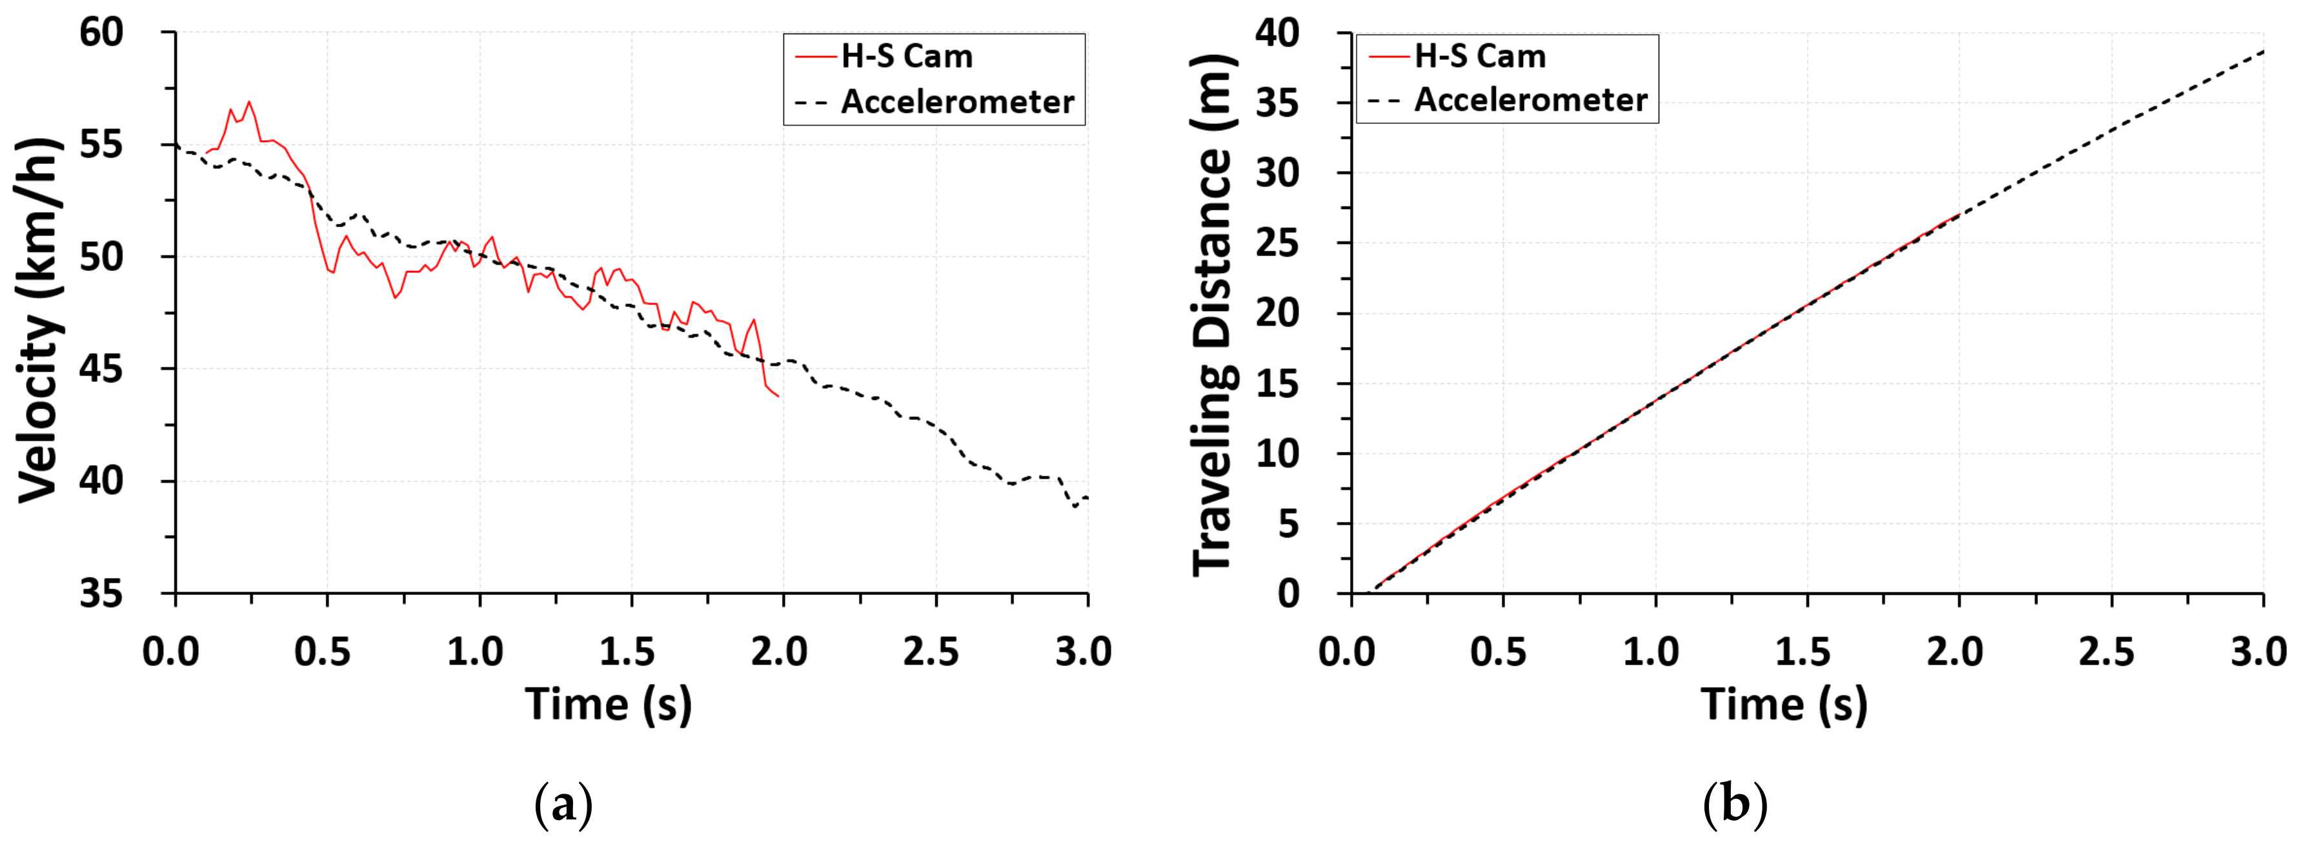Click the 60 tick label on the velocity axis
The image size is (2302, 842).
(x=101, y=33)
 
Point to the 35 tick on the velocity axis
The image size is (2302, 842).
(x=101, y=594)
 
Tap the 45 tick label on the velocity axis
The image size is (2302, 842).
(x=101, y=369)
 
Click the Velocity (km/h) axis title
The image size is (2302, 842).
(x=39, y=319)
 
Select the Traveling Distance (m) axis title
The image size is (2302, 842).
(x=1213, y=313)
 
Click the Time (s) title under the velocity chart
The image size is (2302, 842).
(x=608, y=705)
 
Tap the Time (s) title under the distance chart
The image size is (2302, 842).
(x=1784, y=705)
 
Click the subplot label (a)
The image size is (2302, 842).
(x=563, y=805)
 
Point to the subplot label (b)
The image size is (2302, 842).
(x=1735, y=805)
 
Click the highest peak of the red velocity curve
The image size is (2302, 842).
(x=249, y=101)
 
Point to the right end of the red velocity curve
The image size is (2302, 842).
(x=778, y=396)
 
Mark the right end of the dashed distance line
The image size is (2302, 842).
(x=2263, y=51)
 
